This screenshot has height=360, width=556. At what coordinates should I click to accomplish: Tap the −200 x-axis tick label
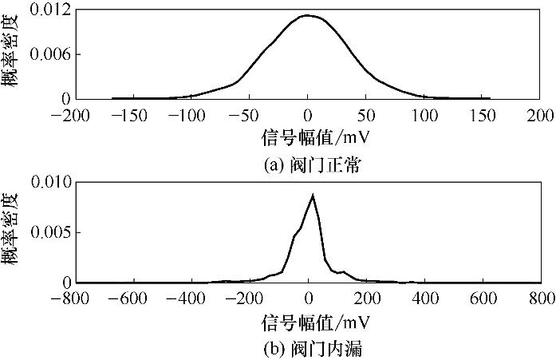(x=73, y=114)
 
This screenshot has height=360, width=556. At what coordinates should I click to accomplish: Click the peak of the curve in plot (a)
(x=307, y=15)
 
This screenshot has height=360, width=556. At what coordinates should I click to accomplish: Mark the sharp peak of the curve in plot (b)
(x=313, y=195)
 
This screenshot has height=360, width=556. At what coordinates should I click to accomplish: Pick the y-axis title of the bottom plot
(x=14, y=232)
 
